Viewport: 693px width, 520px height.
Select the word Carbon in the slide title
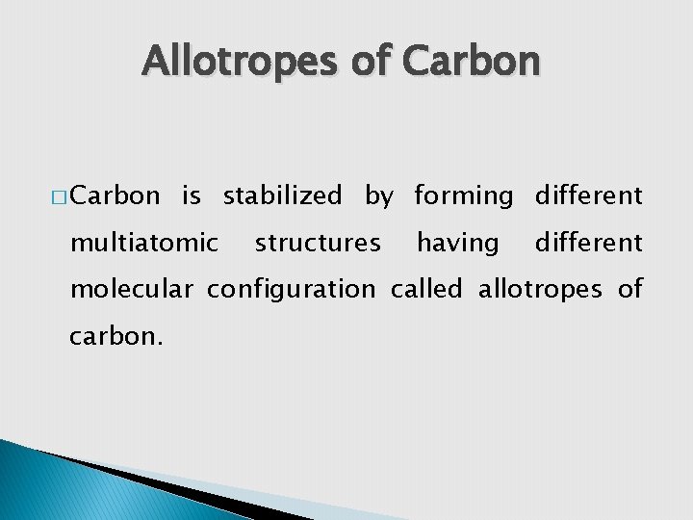[471, 62]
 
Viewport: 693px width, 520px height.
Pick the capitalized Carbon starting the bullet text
[115, 196]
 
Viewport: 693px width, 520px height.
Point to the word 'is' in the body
[192, 196]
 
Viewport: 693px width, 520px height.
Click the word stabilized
[282, 196]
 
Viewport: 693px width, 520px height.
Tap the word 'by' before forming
[378, 197]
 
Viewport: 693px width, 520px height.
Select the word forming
[464, 197]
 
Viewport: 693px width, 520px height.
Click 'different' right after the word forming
[588, 196]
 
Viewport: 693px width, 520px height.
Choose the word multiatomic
[144, 243]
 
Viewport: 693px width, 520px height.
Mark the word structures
[318, 243]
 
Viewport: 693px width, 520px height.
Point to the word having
[458, 244]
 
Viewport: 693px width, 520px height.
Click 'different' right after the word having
[588, 243]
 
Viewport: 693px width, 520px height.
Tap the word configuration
[292, 290]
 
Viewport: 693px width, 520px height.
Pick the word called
[427, 289]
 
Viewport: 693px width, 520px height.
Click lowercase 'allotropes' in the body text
[542, 290]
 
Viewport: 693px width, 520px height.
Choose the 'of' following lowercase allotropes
[629, 289]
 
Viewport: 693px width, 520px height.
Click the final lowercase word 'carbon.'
[111, 336]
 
